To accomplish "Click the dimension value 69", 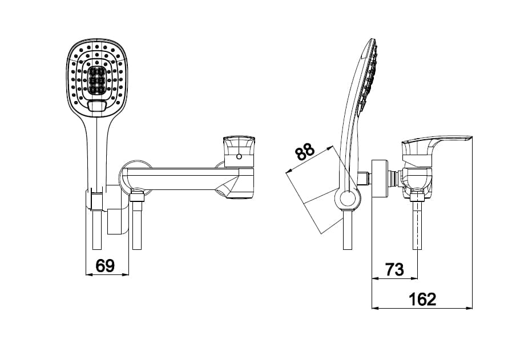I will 105,265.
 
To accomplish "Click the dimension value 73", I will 394,269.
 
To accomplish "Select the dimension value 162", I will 422,299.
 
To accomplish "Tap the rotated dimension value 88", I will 305,152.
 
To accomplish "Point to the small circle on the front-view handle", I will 239,156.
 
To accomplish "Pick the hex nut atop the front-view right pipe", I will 136,199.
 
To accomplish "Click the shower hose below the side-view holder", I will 347,231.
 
